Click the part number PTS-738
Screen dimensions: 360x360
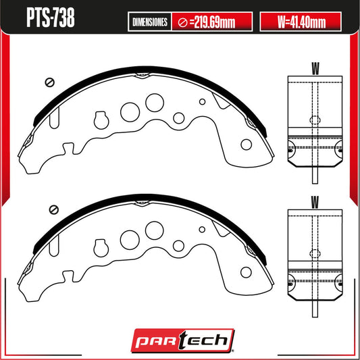(x=51, y=17)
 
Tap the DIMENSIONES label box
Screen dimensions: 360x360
(x=150, y=22)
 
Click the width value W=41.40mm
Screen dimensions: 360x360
(x=301, y=22)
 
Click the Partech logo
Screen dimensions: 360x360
(x=183, y=340)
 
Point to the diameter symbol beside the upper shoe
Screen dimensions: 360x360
(x=50, y=82)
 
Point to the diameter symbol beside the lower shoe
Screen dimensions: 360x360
(x=54, y=209)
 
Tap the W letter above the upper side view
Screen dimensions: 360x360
(x=315, y=68)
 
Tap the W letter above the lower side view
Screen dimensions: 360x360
(x=315, y=202)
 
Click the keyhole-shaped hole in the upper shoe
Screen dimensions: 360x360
(x=101, y=120)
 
